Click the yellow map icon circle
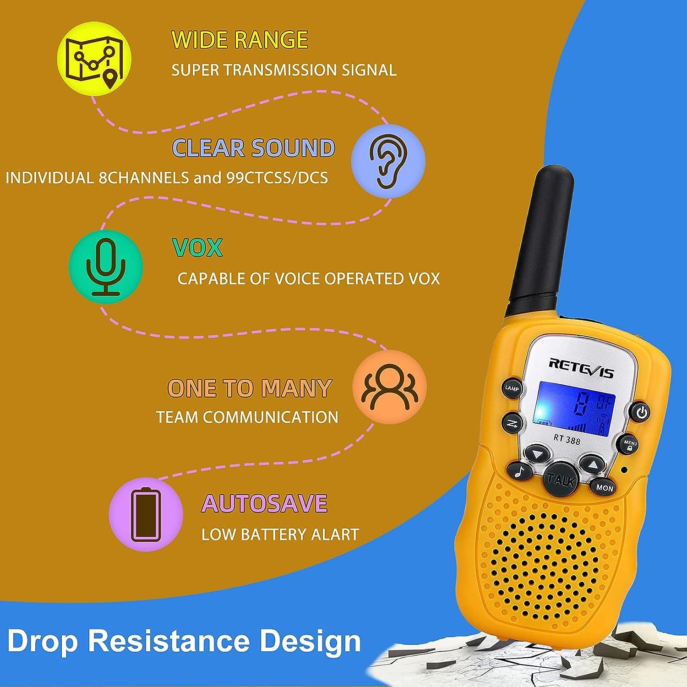point(94,59)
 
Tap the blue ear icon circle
point(388,160)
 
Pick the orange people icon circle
point(390,387)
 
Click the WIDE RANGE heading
point(240,39)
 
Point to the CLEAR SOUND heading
point(253,148)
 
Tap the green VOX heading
point(197,248)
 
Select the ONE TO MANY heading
point(249,388)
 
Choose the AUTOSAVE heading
point(264,503)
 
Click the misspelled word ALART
point(334,534)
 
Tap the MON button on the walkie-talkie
point(604,488)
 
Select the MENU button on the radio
point(630,444)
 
